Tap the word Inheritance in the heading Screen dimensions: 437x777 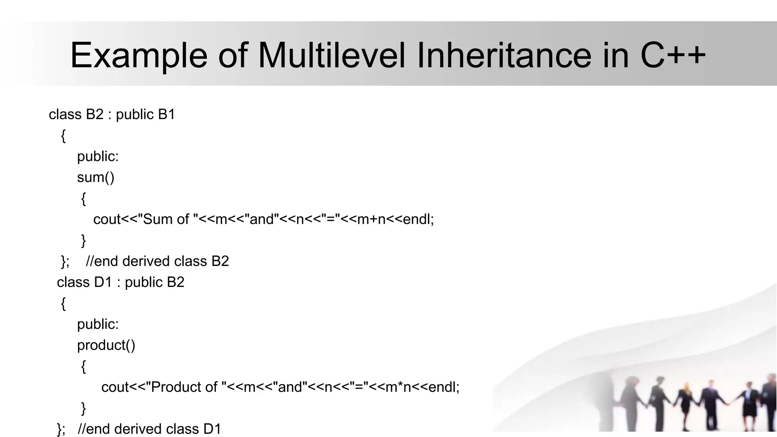pos(504,55)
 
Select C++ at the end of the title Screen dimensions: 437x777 pos(673,55)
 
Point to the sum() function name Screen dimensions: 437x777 pos(96,177)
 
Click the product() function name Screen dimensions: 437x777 pos(106,345)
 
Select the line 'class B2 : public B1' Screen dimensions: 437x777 pos(112,114)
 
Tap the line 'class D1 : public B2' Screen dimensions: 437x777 pos(120,282)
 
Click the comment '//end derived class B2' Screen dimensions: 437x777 pos(157,261)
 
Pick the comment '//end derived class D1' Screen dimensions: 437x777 pos(149,429)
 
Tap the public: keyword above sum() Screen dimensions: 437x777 pos(98,156)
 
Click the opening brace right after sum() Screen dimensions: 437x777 pos(83,198)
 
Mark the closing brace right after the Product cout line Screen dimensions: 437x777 pos(83,408)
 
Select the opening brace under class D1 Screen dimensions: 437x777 pos(63,303)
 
